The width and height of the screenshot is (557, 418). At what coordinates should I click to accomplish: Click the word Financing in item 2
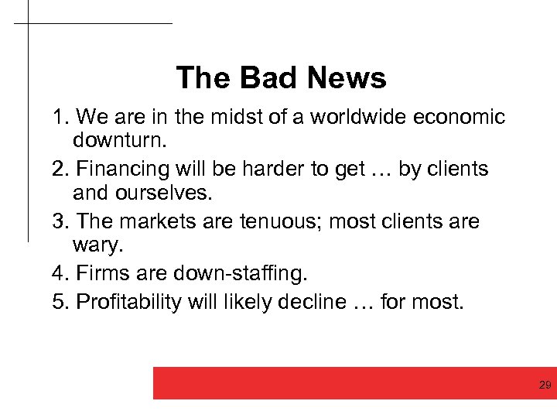(x=121, y=169)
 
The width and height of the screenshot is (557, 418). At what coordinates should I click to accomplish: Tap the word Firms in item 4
(x=98, y=274)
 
